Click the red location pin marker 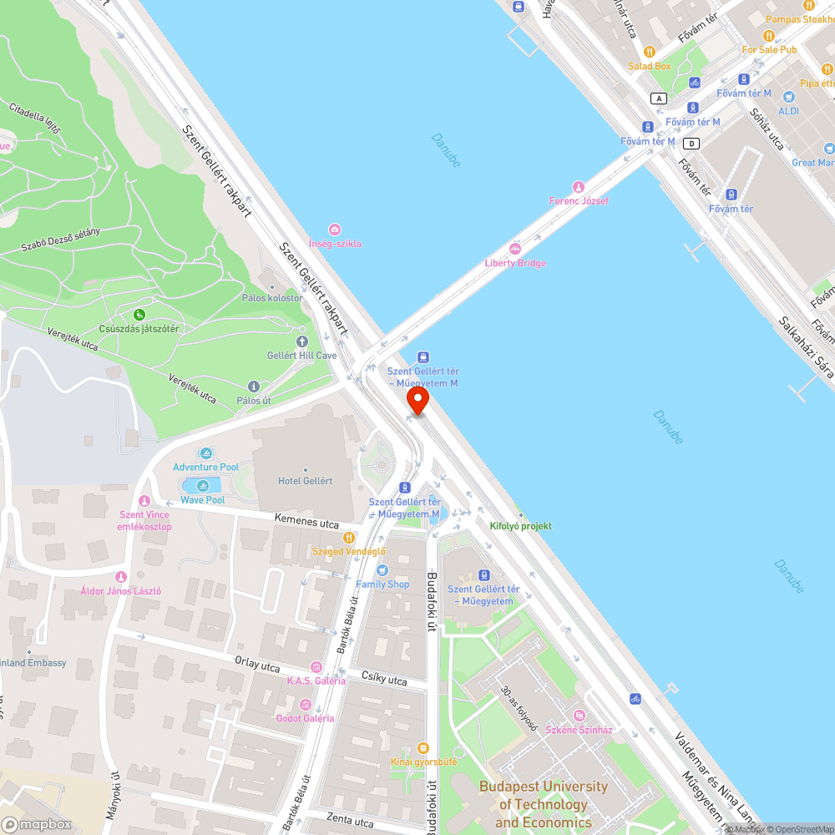pyautogui.click(x=417, y=399)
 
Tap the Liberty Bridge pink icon pyautogui.click(x=515, y=248)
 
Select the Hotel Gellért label pyautogui.click(x=305, y=481)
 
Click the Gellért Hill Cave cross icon pyautogui.click(x=302, y=341)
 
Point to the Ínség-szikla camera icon pyautogui.click(x=335, y=229)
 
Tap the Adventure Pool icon pyautogui.click(x=205, y=453)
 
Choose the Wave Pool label pyautogui.click(x=203, y=500)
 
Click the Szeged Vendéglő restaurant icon pyautogui.click(x=348, y=537)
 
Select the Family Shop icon pyautogui.click(x=382, y=569)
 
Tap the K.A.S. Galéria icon pyautogui.click(x=316, y=666)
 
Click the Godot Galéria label pyautogui.click(x=306, y=718)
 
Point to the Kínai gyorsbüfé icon pyautogui.click(x=423, y=747)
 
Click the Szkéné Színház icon pyautogui.click(x=579, y=716)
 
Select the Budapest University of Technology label pyautogui.click(x=544, y=804)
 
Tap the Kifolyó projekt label pyautogui.click(x=520, y=526)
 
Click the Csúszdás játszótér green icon pyautogui.click(x=139, y=315)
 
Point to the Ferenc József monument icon pyautogui.click(x=578, y=186)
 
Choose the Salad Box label pyautogui.click(x=650, y=66)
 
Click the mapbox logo pyautogui.click(x=38, y=823)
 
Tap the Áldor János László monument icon pyautogui.click(x=120, y=576)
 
